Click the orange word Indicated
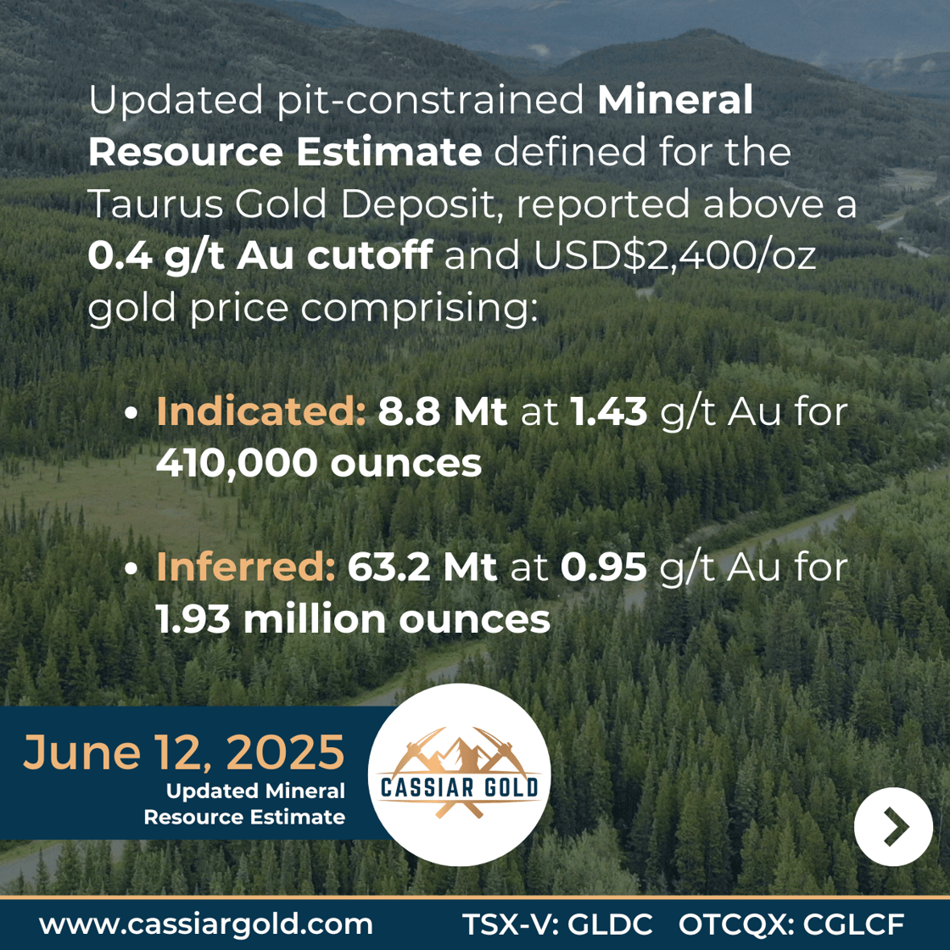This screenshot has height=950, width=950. pos(261,411)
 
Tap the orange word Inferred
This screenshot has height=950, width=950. pos(246,567)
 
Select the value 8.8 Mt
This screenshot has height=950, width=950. pos(443,411)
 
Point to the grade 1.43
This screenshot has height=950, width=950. pos(609,411)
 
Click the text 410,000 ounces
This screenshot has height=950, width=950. pos(319,463)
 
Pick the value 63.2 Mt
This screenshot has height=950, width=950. pos(422,567)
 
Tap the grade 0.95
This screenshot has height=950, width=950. pos(603,567)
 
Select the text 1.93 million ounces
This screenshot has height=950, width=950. pos(353,619)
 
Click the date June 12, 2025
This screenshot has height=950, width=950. pos(183,752)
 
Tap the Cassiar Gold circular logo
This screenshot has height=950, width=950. pos(459,775)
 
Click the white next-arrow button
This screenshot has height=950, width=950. pos(893,826)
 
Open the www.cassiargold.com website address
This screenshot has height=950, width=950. pos(206,925)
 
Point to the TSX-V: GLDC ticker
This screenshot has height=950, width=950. pos(557,925)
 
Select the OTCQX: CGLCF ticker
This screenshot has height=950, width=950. pos(791,925)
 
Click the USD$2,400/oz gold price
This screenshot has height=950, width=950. pos(675,255)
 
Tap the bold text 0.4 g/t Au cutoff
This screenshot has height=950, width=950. pos(260,255)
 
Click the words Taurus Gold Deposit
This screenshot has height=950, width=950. pos(292,204)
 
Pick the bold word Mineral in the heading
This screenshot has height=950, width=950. pos(675,99)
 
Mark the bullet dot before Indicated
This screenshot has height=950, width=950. pos(131,413)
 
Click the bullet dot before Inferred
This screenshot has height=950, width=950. pos(131,569)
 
